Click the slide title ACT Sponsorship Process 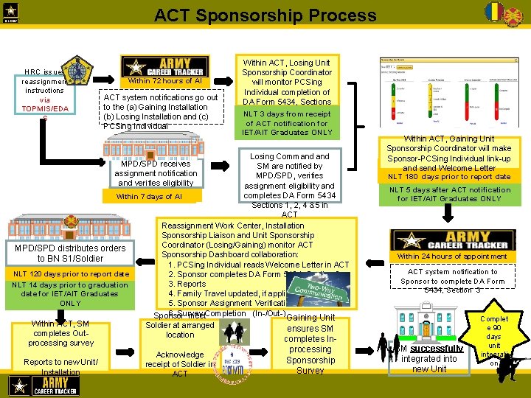265,15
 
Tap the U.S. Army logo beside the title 13,14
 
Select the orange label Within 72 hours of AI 164,81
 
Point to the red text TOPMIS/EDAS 45,108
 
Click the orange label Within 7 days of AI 149,197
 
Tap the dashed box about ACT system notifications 161,111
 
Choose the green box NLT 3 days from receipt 288,123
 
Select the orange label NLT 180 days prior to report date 450,177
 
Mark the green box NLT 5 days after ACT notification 449,194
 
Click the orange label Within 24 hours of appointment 452,256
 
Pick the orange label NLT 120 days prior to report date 71,274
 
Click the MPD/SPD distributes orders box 71,253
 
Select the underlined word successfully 437,349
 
